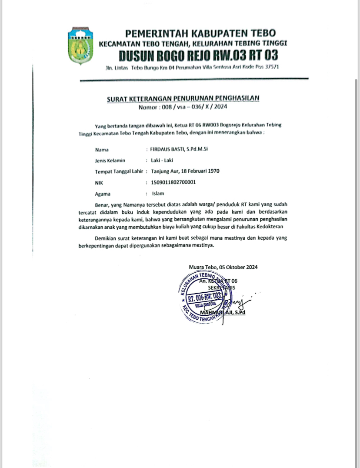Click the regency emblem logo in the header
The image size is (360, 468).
point(80,46)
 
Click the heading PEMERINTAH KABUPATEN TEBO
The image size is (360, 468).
point(200,33)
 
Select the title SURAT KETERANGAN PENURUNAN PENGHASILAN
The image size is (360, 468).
point(183,98)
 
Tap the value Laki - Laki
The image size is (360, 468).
point(162,160)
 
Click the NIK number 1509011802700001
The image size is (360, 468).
point(173,182)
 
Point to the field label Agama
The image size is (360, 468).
point(103,194)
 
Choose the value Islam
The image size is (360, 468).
point(157,194)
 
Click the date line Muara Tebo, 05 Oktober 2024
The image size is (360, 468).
point(223,267)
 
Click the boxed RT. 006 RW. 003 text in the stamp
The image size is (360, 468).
point(205,298)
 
